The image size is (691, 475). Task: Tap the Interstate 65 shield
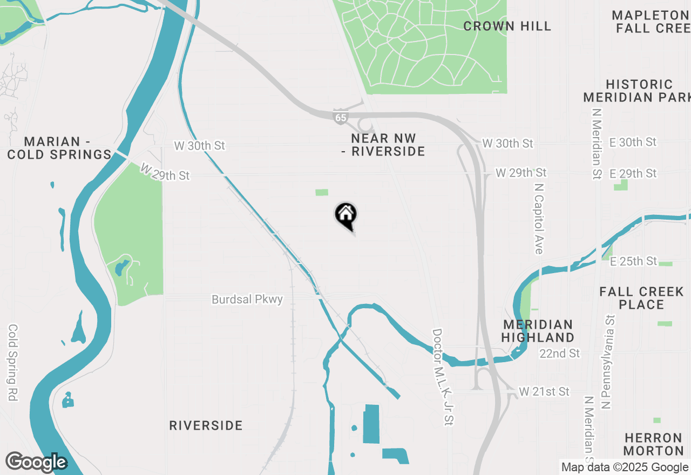340,118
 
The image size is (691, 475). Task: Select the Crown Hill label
507,26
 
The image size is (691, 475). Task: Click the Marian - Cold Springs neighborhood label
59,148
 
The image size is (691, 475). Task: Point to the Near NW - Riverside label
383,145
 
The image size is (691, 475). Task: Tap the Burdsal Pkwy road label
247,299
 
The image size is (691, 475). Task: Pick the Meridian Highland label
538,331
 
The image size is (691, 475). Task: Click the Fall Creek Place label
641,298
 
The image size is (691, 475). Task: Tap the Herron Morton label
654,444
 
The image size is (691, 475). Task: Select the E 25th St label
633,261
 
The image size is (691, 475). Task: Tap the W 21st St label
544,391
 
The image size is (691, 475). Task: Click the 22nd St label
560,354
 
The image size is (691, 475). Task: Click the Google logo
36,463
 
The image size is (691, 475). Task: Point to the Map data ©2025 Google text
625,467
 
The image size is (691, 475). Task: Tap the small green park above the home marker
322,192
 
